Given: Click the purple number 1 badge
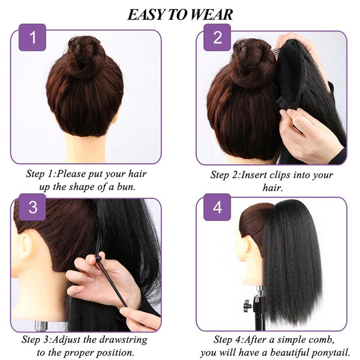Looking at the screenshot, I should pyautogui.click(x=32, y=38).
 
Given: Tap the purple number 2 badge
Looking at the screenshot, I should pyautogui.click(x=217, y=38).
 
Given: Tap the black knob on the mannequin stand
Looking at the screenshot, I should pyautogui.click(x=247, y=306).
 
